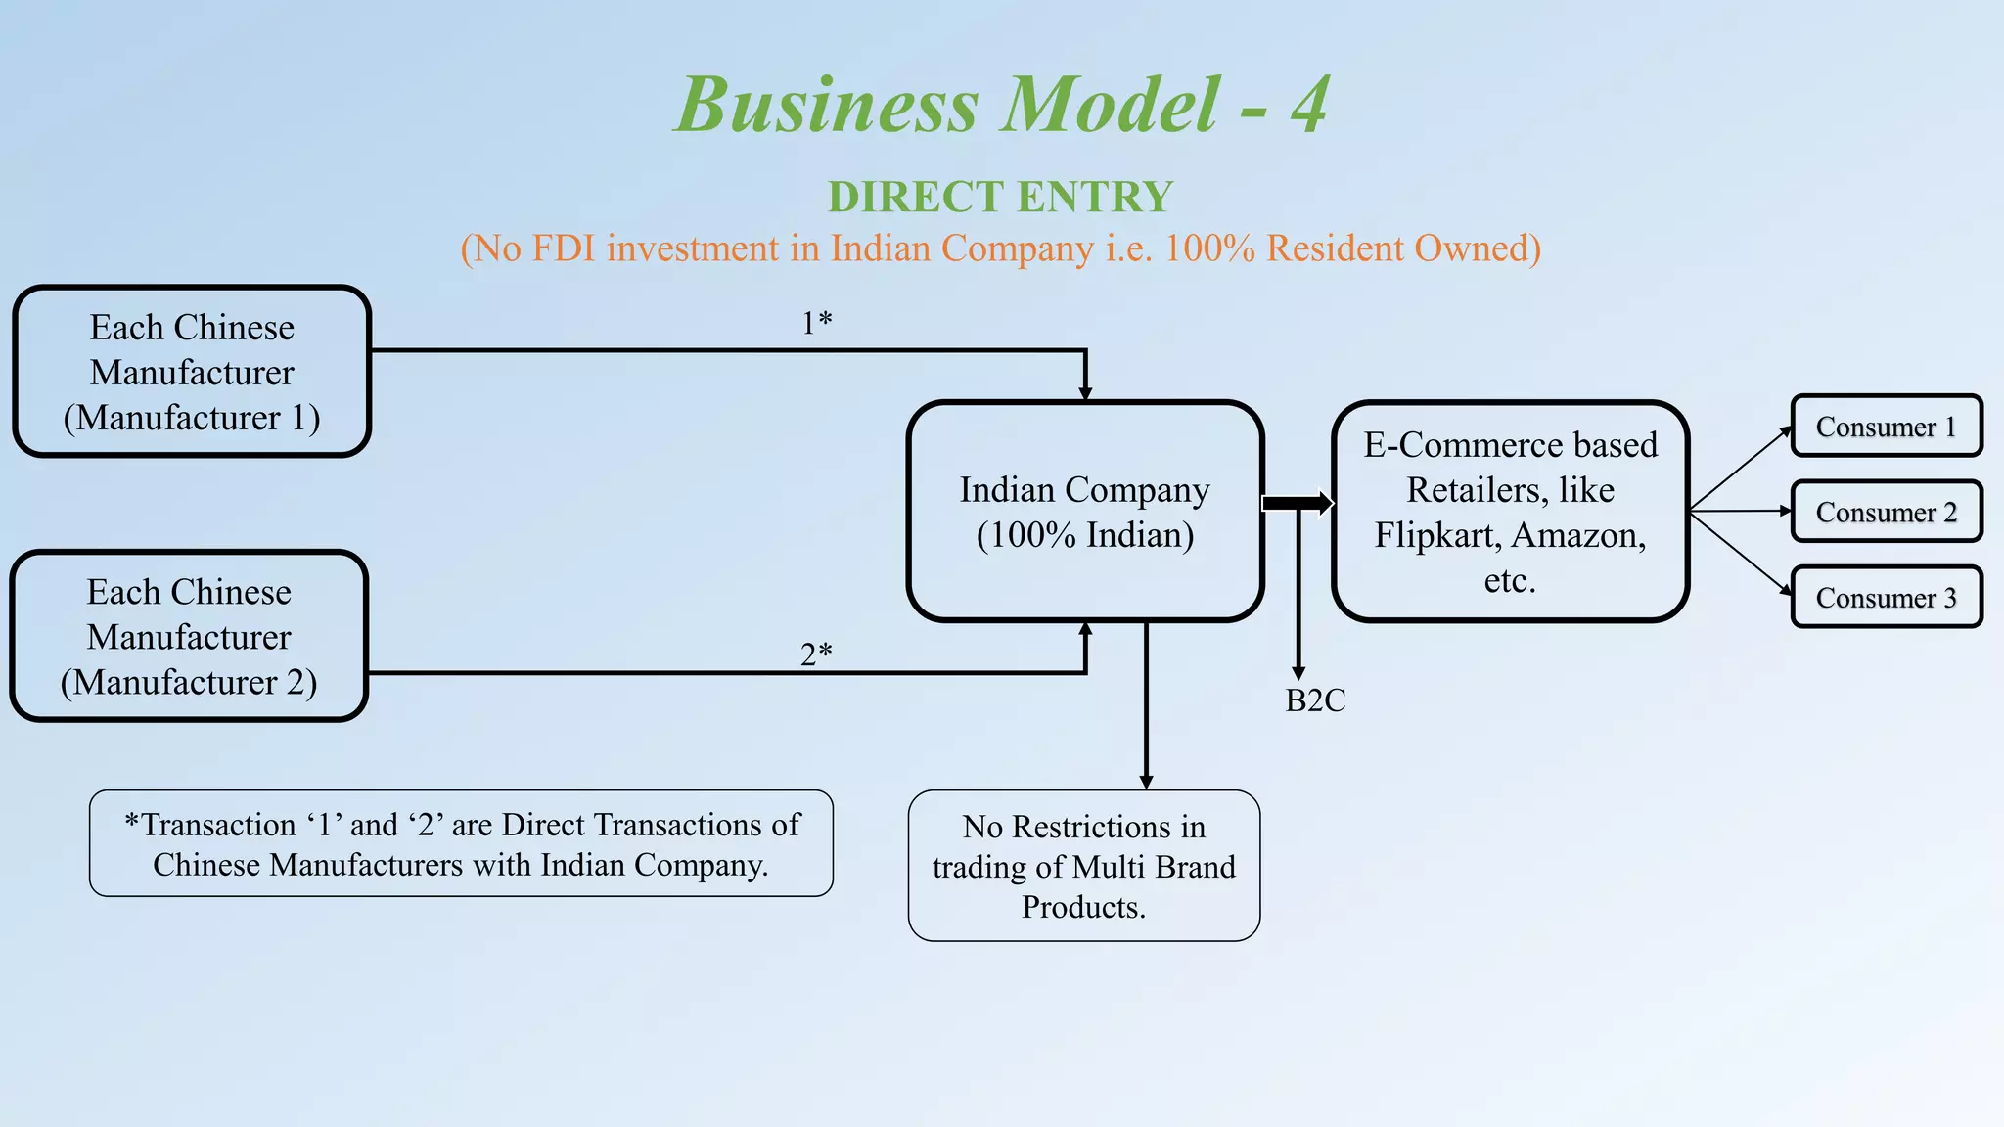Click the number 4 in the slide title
(1309, 106)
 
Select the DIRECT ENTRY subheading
(1000, 197)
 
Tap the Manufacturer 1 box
(192, 372)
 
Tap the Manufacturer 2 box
(189, 637)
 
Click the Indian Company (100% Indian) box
(1085, 512)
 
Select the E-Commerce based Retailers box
(1510, 512)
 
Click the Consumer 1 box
(1886, 427)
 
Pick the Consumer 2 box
(1886, 512)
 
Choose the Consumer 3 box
(1886, 597)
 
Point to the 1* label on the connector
(816, 322)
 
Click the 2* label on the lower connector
(815, 654)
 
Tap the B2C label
(1314, 700)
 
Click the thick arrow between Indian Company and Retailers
(1298, 503)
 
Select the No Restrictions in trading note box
(1083, 866)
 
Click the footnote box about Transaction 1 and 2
(461, 843)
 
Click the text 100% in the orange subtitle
(1209, 248)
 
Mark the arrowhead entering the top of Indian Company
(1085, 392)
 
